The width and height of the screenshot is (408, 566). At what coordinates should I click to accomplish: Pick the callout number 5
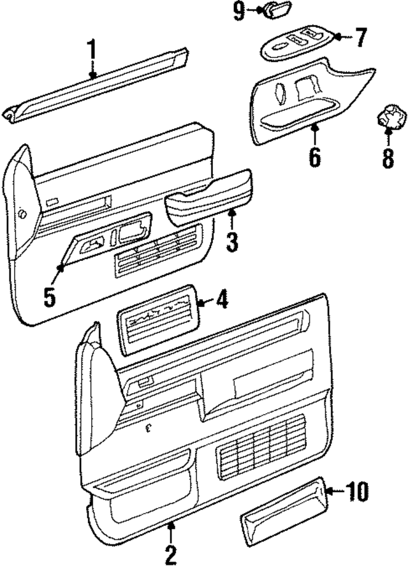(x=50, y=295)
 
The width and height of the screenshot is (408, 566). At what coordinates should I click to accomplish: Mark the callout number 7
(x=361, y=38)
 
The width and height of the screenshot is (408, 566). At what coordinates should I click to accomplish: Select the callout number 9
(x=238, y=11)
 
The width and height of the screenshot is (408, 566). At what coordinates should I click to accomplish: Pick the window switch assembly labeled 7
(x=296, y=43)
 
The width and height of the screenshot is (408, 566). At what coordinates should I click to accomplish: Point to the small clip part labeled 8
(x=388, y=119)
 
